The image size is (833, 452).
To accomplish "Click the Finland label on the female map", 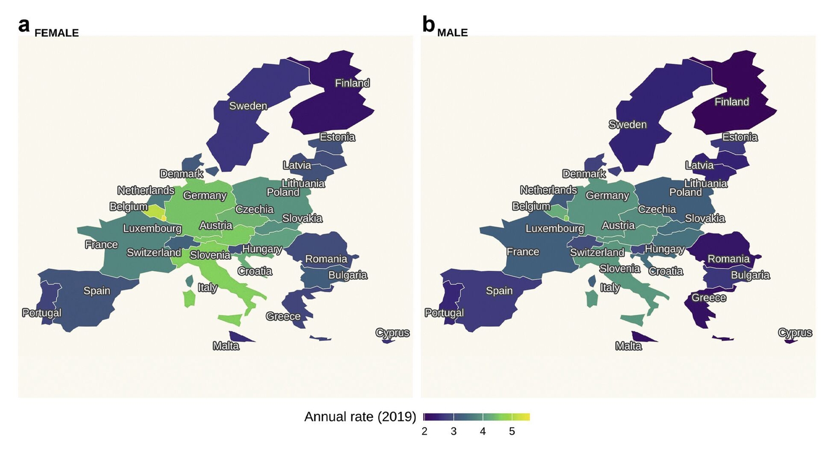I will pos(352,83).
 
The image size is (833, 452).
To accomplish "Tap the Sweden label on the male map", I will pos(627,125).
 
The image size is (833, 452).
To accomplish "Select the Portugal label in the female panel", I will pos(42,312).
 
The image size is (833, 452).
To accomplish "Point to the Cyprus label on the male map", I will pos(795,333).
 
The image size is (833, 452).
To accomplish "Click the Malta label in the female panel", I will pos(226,346).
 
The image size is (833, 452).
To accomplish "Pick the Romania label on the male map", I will pos(728,259).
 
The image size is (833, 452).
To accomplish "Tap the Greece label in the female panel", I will pos(283,316).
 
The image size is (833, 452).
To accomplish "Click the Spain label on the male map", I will pos(499,291).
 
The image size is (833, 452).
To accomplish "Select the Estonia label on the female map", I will pos(337,137).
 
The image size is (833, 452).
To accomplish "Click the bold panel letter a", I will pos(24,25).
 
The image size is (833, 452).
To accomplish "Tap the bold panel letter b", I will pos(428,25).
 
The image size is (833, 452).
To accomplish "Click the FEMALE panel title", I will pos(57,33).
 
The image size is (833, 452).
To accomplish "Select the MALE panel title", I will pos(452,33).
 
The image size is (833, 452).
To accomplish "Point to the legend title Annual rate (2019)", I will pos(360,416).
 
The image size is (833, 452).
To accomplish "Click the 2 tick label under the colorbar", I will pos(424,431).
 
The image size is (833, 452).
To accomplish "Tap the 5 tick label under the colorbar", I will pos(512,431).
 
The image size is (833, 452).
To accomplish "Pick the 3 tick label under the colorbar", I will pos(453,431).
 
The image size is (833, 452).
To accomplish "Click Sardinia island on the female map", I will pos(189,298).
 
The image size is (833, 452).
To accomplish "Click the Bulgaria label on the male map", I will pos(750,275).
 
